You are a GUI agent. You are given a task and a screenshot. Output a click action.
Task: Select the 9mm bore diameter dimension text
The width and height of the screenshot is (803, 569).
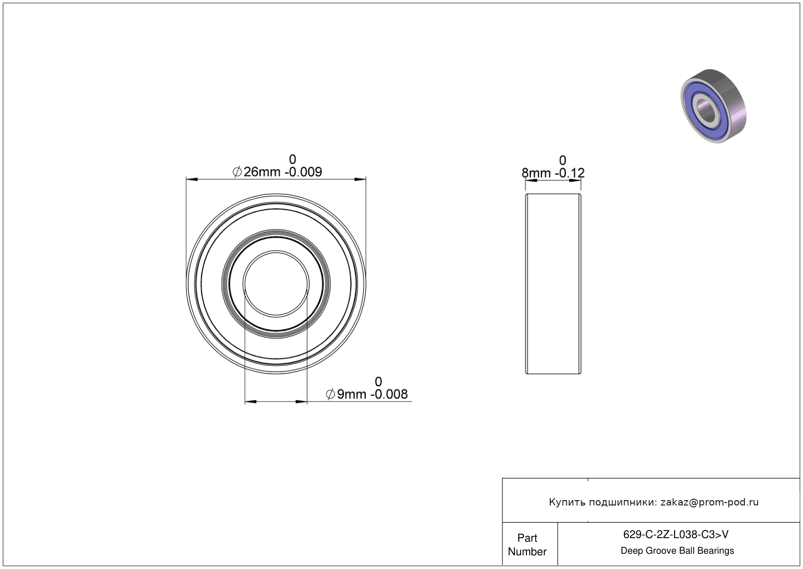click(x=367, y=394)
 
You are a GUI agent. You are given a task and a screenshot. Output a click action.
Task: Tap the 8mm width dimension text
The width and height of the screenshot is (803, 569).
click(x=553, y=173)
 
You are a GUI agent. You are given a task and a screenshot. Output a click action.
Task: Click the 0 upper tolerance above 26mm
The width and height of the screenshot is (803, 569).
click(x=293, y=159)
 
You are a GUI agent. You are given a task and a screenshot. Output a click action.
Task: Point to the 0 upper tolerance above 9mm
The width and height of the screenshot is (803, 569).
click(x=378, y=381)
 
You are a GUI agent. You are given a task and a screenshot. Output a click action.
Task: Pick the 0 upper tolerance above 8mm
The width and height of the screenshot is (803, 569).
click(x=562, y=160)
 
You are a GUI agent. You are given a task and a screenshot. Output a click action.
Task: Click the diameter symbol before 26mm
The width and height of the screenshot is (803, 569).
click(x=237, y=172)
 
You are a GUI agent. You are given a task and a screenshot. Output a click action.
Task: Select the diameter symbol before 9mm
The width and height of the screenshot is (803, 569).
click(x=330, y=394)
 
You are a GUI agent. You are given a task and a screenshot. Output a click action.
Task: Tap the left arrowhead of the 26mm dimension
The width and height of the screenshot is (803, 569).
click(x=192, y=179)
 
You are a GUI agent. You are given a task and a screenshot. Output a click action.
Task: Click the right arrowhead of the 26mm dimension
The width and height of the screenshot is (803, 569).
click(x=360, y=179)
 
